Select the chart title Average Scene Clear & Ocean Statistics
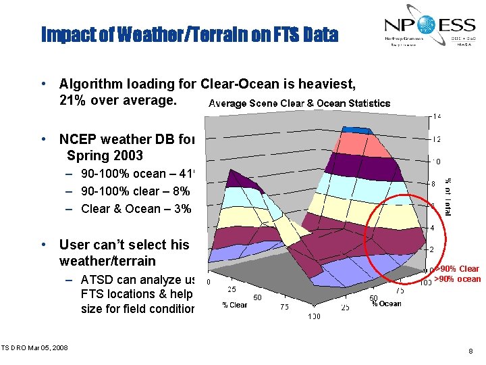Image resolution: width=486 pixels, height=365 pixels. pyautogui.click(x=299, y=103)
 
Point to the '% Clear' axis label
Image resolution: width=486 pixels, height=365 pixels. pyautogui.click(x=234, y=305)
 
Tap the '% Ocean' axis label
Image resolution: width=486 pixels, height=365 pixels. pyautogui.click(x=386, y=303)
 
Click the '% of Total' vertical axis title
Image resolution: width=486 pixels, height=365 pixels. pyautogui.click(x=448, y=195)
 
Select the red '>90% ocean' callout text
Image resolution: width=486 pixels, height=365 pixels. pyautogui.click(x=457, y=278)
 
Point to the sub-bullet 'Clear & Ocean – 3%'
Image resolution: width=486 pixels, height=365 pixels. pyautogui.click(x=135, y=208)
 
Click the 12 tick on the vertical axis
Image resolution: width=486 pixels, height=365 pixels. pyautogui.click(x=437, y=139)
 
